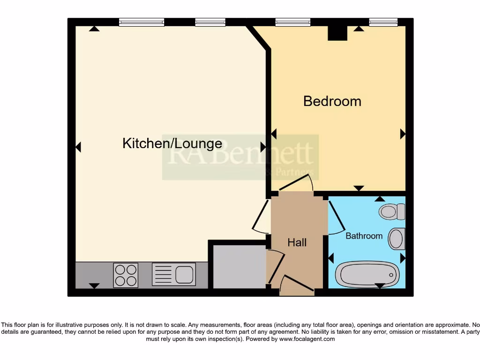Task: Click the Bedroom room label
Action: [332, 101]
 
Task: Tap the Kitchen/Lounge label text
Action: [172, 143]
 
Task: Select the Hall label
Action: [297, 242]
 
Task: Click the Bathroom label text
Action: [364, 236]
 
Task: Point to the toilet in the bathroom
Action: [392, 211]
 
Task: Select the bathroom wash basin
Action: [397, 239]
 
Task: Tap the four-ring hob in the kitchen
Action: [126, 275]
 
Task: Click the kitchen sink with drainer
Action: [173, 274]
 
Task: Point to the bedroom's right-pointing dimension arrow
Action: [403, 134]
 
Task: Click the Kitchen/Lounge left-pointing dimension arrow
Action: [78, 147]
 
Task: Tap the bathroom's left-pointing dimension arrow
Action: [331, 258]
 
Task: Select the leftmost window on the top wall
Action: [141, 22]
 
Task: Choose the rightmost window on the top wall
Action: [383, 22]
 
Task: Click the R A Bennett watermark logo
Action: [240, 157]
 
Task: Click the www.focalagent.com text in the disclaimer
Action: [307, 339]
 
